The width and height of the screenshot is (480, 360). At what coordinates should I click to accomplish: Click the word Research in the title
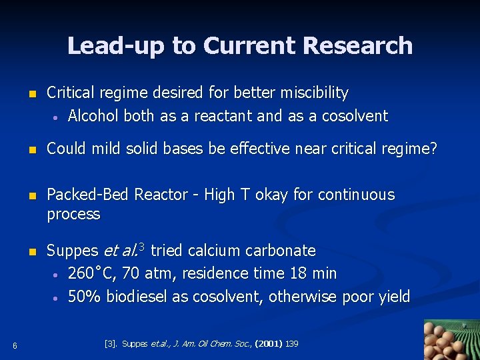357,46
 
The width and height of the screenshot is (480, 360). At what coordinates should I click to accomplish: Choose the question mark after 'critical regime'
434,149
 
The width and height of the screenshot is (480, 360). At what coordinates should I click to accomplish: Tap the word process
73,215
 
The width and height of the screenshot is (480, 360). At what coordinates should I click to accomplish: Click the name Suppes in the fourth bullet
72,251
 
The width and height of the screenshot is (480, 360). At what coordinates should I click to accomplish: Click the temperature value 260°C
93,274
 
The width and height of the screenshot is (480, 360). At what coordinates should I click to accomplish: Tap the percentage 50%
84,297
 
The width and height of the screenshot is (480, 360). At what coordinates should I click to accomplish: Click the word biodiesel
136,297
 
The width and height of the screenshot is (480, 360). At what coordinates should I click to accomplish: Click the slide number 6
14,345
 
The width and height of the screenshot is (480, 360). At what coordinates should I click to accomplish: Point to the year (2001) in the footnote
267,344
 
